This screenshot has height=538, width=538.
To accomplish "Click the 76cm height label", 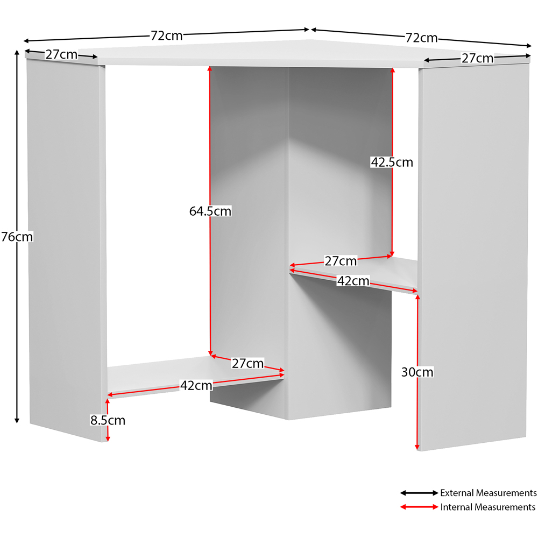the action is [x=17, y=237].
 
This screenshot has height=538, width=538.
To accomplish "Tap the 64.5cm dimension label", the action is [x=210, y=211].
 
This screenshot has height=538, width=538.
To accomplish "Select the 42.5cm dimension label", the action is [x=392, y=162].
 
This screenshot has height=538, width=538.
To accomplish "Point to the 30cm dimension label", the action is [x=417, y=372].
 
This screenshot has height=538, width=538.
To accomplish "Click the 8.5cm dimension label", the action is [x=108, y=420].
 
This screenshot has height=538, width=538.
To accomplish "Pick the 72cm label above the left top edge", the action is [x=167, y=36].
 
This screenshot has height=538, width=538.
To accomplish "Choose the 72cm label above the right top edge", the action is [x=422, y=38].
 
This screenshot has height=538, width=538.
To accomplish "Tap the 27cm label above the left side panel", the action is [x=62, y=54].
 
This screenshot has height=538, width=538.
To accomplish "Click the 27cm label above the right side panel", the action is [x=478, y=58].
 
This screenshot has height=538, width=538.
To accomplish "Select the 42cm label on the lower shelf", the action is [x=196, y=385].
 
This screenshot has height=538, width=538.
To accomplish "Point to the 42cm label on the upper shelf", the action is [x=353, y=281].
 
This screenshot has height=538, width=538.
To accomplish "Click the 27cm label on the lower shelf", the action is [x=247, y=363].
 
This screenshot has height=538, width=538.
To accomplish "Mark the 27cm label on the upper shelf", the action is [x=341, y=261].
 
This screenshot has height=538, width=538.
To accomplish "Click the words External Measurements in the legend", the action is [x=489, y=493].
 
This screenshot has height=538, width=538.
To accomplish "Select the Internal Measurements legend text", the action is [x=488, y=507].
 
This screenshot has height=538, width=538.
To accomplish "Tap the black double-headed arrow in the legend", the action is [x=419, y=493].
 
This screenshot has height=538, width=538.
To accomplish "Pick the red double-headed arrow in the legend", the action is [x=419, y=507].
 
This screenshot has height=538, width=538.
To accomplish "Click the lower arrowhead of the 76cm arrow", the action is [x=17, y=420].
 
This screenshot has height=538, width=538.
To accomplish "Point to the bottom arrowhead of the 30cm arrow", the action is [x=417, y=447].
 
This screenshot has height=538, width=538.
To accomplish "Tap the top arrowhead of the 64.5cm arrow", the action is [x=210, y=69].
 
